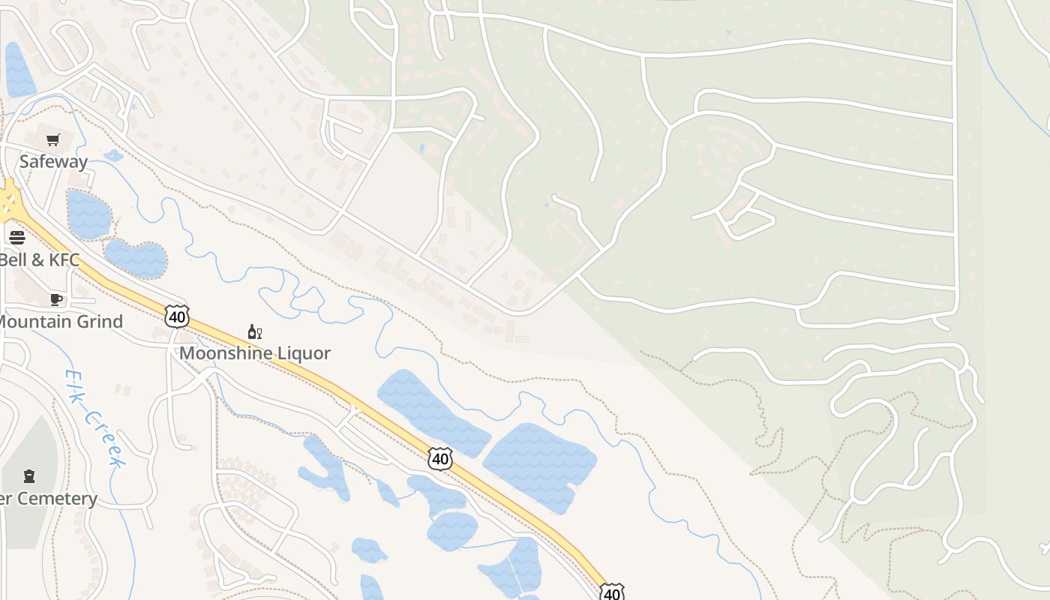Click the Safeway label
53,161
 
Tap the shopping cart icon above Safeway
53,139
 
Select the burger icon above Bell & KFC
16,238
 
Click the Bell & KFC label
39,260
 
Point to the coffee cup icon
55,299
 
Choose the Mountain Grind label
60,322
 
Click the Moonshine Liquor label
255,353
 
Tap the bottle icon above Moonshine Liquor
254,331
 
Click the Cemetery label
48,499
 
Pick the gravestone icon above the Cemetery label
29,475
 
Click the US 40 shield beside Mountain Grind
177,316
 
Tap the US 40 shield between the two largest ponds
440,458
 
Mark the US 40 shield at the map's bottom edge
612,592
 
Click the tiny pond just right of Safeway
113,156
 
